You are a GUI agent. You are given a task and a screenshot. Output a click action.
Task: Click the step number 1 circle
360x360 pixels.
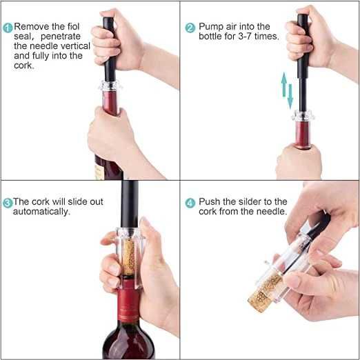pyautogui.click(x=8, y=28)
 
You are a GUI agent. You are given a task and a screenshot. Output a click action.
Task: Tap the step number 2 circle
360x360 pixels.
pyautogui.click(x=190, y=28)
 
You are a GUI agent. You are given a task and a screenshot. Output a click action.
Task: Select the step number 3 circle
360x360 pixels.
pyautogui.click(x=8, y=203)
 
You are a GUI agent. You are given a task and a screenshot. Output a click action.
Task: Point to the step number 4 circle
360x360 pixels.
pyautogui.click(x=190, y=203)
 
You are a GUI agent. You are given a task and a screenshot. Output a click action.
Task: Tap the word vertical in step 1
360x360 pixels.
pyautogui.click(x=74, y=46)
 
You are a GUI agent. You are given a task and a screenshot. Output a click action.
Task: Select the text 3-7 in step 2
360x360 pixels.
pyautogui.click(x=245, y=37)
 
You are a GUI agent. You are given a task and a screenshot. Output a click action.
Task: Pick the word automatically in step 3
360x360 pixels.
pyautogui.click(x=41, y=212)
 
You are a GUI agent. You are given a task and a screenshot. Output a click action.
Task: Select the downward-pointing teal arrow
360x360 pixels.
pyautogui.click(x=290, y=97)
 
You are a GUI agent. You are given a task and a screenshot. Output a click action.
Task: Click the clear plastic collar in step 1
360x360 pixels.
pyautogui.click(x=110, y=86)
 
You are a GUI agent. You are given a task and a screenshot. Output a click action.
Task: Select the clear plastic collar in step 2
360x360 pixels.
pyautogui.click(x=303, y=116)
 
